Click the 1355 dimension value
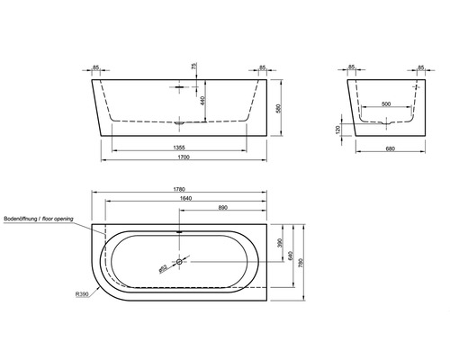click(181, 145)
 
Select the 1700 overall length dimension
click(181, 157)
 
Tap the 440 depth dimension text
click(203, 102)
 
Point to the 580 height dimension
click(282, 108)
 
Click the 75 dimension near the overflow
click(193, 67)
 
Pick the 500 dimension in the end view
click(386, 105)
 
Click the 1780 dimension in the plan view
click(181, 190)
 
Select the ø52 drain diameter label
click(162, 267)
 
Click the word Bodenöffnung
click(24, 219)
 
